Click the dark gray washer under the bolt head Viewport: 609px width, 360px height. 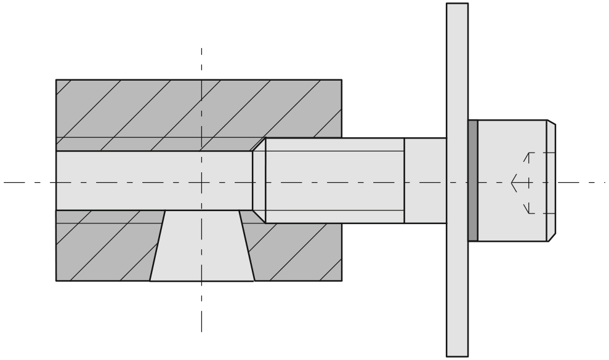click(x=473, y=180)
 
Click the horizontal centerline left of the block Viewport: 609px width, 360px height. click(x=28, y=182)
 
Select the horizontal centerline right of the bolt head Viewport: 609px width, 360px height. click(x=582, y=182)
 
